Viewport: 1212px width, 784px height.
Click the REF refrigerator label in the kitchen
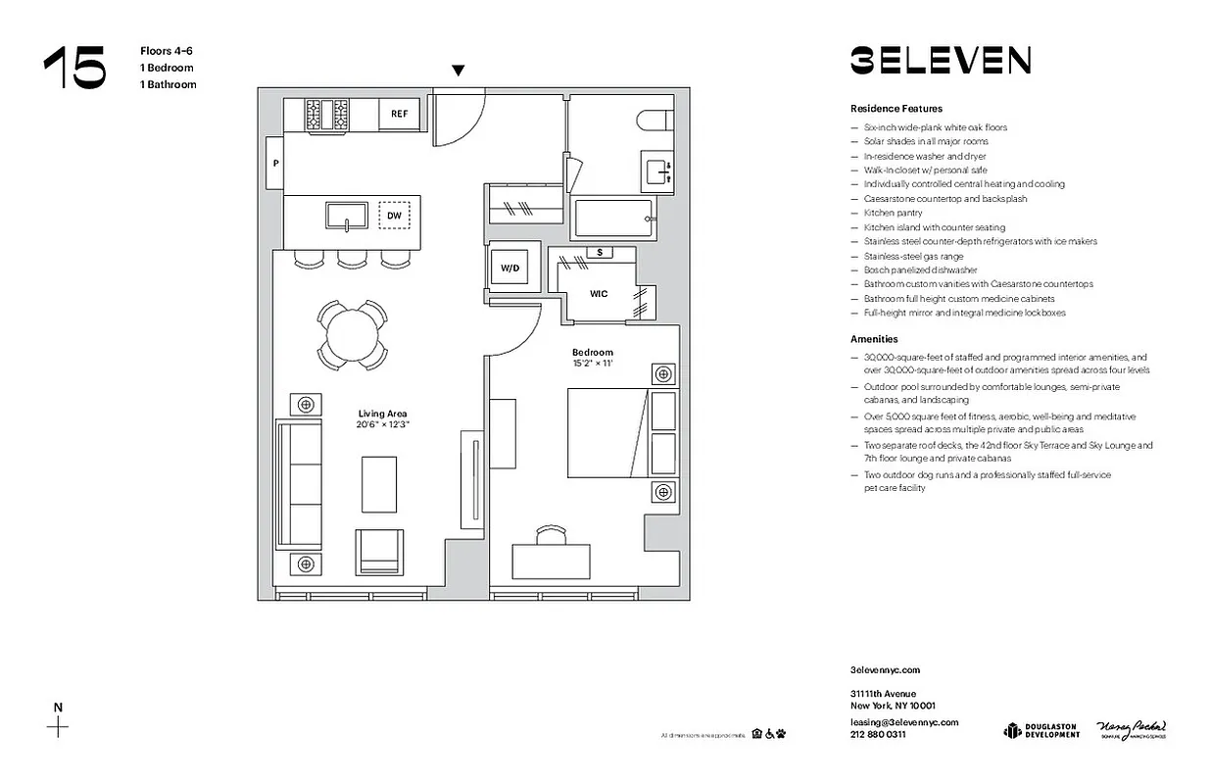(x=399, y=114)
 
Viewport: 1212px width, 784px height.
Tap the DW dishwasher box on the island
(x=394, y=215)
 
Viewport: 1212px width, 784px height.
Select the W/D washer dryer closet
(x=510, y=268)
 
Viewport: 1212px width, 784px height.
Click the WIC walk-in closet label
(x=599, y=293)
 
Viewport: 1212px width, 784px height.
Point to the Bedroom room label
(x=593, y=353)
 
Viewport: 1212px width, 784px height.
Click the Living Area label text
(x=382, y=414)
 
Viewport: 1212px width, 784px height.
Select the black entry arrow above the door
(x=458, y=71)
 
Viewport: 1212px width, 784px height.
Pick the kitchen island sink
(x=346, y=216)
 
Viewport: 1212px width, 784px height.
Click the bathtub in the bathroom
(x=613, y=218)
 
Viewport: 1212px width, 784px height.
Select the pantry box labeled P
(x=275, y=164)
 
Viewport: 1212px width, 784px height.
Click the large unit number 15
(x=74, y=69)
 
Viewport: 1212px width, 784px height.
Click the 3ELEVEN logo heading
(x=940, y=61)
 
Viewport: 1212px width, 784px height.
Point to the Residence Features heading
(x=896, y=109)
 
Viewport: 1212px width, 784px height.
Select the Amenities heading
(x=874, y=339)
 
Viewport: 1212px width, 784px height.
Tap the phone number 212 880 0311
(x=878, y=734)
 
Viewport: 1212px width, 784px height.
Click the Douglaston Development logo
(x=1041, y=730)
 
